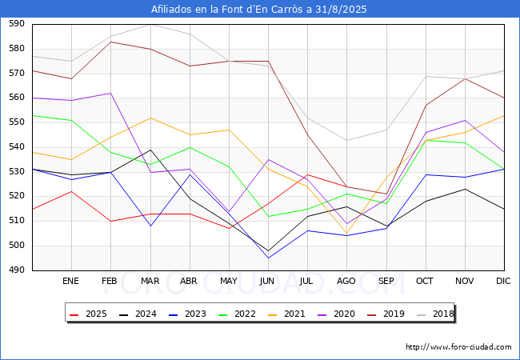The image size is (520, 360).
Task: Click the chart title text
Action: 260,10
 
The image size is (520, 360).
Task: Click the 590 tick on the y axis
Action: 15,24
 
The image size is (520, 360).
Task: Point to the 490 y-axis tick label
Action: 15,271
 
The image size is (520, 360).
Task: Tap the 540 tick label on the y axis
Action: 15,147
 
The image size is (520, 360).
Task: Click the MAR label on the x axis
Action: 150,282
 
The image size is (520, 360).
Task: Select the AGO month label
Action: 346,282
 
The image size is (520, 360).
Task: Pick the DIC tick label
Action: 504,282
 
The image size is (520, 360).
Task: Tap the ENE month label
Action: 71,282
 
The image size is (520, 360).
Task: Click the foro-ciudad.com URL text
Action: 458,347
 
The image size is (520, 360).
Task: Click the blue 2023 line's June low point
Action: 268,258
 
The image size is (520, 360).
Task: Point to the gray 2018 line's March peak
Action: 150,24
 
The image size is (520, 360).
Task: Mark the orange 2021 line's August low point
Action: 346,234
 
